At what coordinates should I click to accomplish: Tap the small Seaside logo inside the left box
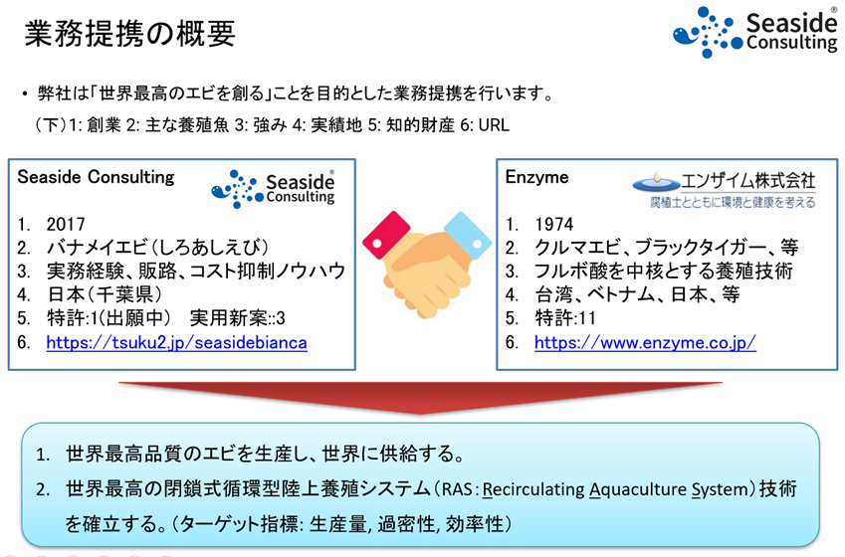[x=275, y=188]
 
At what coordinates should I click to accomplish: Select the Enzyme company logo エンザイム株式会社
[x=725, y=189]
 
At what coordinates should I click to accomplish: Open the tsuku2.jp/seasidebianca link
[x=176, y=343]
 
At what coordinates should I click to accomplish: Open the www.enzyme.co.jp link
[x=645, y=343]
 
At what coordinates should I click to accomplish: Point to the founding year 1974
[x=553, y=224]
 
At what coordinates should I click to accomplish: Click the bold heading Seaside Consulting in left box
[x=96, y=178]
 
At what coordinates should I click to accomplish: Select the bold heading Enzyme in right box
[x=537, y=178]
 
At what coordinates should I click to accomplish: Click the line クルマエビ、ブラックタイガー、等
[x=666, y=248]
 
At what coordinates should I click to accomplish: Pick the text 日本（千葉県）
[x=103, y=295]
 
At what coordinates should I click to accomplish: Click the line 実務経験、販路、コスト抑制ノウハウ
[x=195, y=272]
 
